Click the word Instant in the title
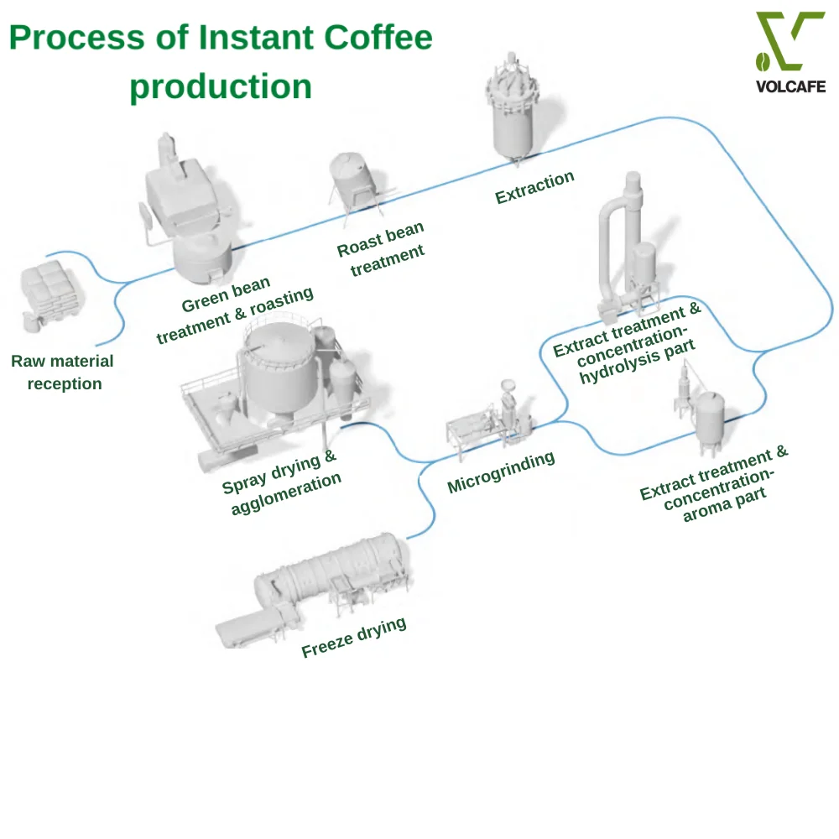[256, 38]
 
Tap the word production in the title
[221, 86]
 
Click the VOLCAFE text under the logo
[790, 86]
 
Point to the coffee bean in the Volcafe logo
[763, 61]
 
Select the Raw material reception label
[63, 373]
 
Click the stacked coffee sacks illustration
[51, 296]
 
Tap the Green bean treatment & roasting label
[234, 310]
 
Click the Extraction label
[534, 187]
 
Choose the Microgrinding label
[501, 472]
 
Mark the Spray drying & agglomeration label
[281, 482]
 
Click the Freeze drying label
[354, 637]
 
